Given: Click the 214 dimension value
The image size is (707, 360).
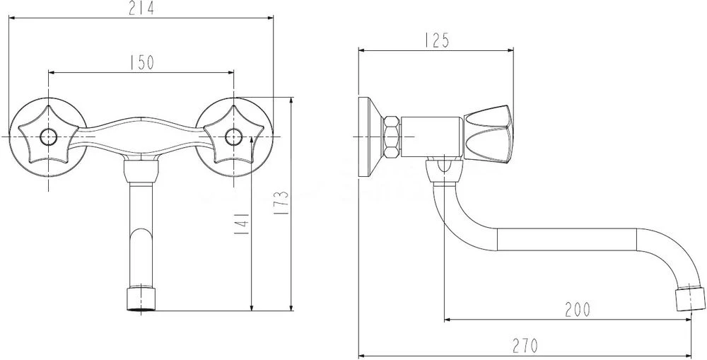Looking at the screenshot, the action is (141, 8).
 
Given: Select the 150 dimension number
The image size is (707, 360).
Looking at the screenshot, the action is (141, 63).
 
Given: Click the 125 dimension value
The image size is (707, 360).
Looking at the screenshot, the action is (436, 41).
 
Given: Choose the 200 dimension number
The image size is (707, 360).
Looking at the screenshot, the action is (577, 310).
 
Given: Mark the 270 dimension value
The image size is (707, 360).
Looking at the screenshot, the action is (525, 346).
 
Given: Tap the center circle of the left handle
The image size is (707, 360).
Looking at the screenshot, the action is (48, 137).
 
